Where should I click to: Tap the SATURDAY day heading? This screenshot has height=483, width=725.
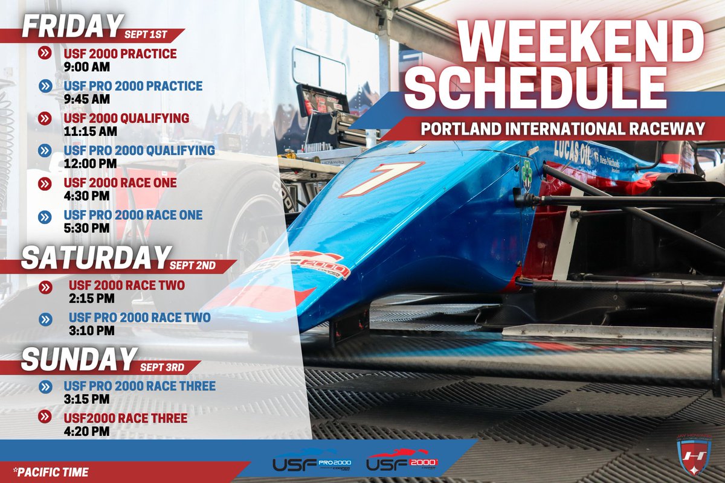pos(94,258)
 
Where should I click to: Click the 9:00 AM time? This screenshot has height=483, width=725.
pos(86,66)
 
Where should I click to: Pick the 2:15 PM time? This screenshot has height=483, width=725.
pos(91,298)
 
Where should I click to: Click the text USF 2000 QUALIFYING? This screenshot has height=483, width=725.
pos(126,118)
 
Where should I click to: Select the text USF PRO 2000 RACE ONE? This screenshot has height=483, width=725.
pos(133,216)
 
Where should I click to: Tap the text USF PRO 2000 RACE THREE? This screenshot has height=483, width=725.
pos(140,386)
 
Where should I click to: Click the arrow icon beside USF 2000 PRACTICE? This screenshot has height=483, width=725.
pos(44,54)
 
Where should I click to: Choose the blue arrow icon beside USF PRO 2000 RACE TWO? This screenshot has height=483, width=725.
pos(44,318)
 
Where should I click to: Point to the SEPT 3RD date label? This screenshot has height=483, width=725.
pos(161,368)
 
